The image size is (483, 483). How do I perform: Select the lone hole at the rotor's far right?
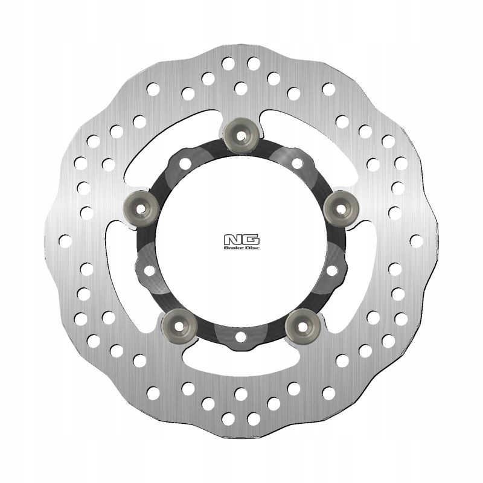[x=416, y=240]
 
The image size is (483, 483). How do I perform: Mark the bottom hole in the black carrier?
[x=240, y=336]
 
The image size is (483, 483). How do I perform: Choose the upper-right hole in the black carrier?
[x=296, y=162]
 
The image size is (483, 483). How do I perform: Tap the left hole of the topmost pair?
[x=228, y=62]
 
